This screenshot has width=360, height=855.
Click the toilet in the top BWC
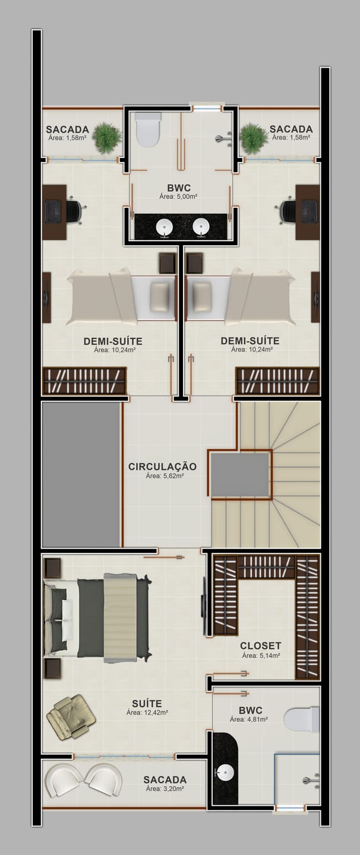tap(148, 129)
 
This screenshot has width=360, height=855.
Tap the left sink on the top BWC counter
tap(165, 228)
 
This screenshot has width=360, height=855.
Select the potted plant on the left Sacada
tap(107, 138)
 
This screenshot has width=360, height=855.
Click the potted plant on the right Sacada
tap(254, 138)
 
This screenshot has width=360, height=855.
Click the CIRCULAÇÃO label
tap(162, 467)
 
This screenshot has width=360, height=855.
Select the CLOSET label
tap(260, 646)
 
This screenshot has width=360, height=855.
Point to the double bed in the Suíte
tap(97, 618)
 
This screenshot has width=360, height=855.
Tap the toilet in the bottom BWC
tap(302, 720)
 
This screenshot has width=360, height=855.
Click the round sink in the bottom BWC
tap(225, 773)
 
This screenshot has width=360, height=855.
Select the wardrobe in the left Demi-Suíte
tap(84, 381)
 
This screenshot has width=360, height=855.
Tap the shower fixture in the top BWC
tap(224, 138)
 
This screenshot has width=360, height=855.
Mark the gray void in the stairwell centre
tap(240, 475)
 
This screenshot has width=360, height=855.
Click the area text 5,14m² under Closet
tap(261, 655)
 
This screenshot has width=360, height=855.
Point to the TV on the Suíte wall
tap(204, 607)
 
